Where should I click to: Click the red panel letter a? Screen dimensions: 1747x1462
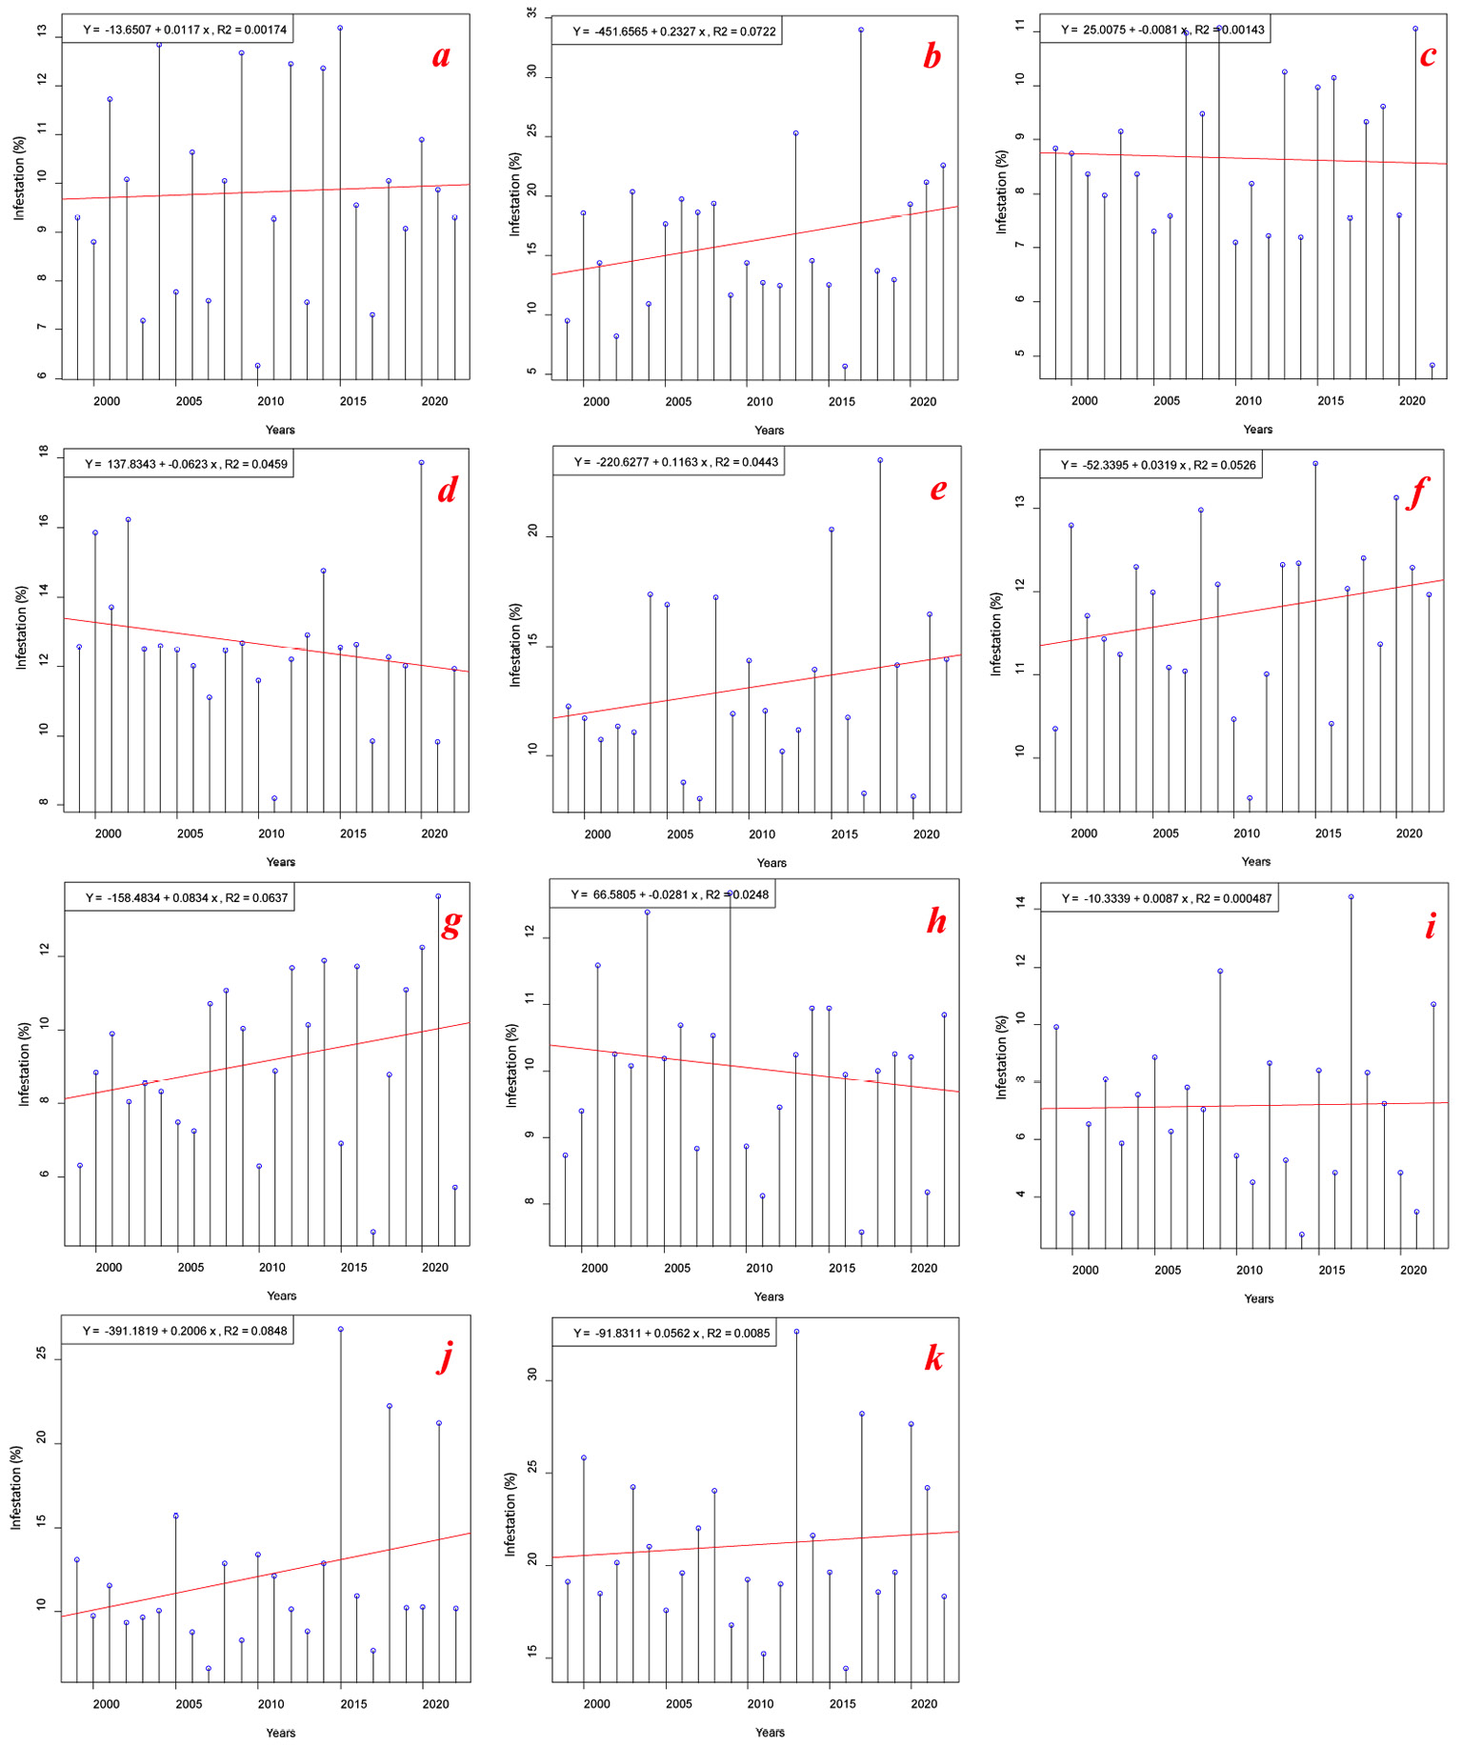pyautogui.click(x=440, y=56)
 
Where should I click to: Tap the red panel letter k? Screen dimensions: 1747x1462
pyautogui.click(x=933, y=1358)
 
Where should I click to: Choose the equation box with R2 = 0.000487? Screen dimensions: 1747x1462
pyautogui.click(x=1160, y=898)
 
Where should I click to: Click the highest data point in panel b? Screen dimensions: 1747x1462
pyautogui.click(x=861, y=30)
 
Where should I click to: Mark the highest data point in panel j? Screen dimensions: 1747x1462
pyautogui.click(x=340, y=1329)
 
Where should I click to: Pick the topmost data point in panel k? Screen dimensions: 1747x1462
pyautogui.click(x=796, y=1332)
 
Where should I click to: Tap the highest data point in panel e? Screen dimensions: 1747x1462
pyautogui.click(x=880, y=460)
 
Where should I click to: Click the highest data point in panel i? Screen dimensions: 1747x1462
pyautogui.click(x=1351, y=896)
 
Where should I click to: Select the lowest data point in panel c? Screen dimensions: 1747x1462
pyautogui.click(x=1432, y=365)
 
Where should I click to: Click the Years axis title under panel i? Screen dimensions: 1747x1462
pyautogui.click(x=1258, y=1298)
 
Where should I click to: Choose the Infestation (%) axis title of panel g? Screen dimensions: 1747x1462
pyautogui.click(x=24, y=1063)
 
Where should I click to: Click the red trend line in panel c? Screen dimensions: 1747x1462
pyautogui.click(x=1257, y=158)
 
